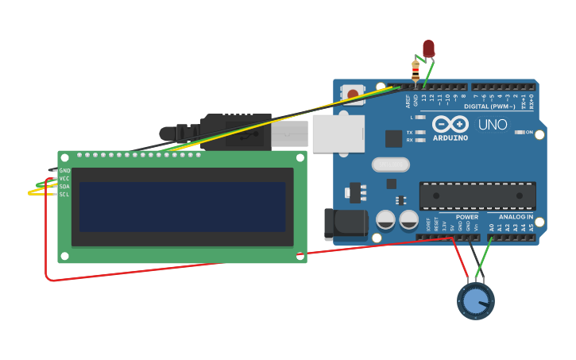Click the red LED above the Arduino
click(x=428, y=48)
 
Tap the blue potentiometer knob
click(x=475, y=301)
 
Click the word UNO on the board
click(x=493, y=125)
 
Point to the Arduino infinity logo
click(x=450, y=125)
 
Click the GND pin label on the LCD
click(x=64, y=171)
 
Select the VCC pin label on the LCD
click(x=64, y=179)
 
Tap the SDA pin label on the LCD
click(x=64, y=187)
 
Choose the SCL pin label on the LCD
click(x=64, y=195)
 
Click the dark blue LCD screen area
click(x=182, y=207)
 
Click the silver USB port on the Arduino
click(x=338, y=134)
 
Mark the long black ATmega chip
click(x=477, y=195)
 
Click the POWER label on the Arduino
click(x=467, y=217)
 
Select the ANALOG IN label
click(x=516, y=217)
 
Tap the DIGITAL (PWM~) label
click(x=488, y=106)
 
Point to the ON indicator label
click(x=529, y=132)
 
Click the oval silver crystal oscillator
click(x=389, y=165)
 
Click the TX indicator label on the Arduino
click(x=410, y=132)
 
